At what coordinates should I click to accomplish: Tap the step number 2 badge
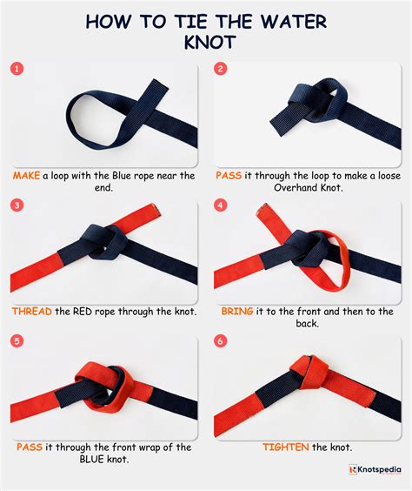click(x=221, y=68)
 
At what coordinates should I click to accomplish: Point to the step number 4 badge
click(x=221, y=205)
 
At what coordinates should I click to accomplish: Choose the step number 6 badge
click(x=221, y=340)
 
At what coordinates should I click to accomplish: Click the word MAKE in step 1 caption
click(x=27, y=175)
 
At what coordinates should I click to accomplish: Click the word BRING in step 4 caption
click(x=238, y=312)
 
